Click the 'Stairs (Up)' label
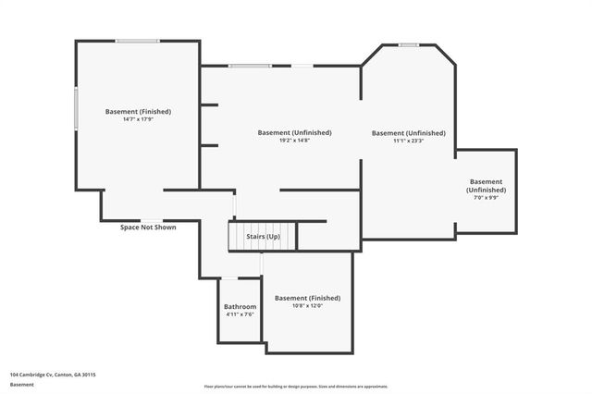click(263, 237)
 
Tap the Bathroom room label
click(240, 306)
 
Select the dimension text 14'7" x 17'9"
click(138, 119)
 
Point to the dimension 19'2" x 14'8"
click(294, 141)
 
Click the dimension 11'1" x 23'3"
click(408, 141)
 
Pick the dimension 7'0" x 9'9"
click(486, 197)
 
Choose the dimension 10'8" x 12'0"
click(307, 306)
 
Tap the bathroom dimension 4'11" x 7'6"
click(240, 314)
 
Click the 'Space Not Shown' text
click(148, 227)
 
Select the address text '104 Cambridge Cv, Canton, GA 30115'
click(54, 375)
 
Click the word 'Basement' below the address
click(22, 384)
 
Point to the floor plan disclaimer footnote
click(296, 387)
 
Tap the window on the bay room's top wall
click(409, 44)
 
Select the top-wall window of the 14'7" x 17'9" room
click(137, 40)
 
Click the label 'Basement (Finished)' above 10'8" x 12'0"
click(307, 298)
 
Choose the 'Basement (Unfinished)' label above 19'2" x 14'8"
click(294, 132)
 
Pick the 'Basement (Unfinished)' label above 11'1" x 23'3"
click(408, 132)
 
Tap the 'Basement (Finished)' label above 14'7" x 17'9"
click(138, 111)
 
